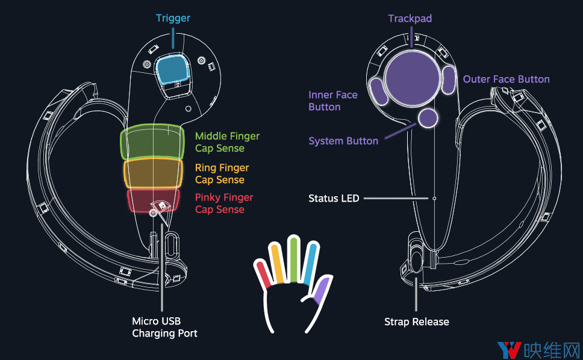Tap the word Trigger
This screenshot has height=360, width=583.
(x=173, y=18)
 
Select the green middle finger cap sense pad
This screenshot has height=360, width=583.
(x=152, y=143)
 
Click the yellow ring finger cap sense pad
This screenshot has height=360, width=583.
(x=153, y=173)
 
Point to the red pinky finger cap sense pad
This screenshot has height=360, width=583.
(x=153, y=200)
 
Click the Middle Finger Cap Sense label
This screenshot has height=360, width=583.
(x=227, y=142)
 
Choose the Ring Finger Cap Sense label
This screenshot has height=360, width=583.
(x=222, y=174)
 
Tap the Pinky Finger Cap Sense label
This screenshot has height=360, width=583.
(x=224, y=203)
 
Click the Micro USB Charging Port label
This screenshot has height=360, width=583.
(x=164, y=327)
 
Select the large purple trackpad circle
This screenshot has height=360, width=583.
(x=412, y=79)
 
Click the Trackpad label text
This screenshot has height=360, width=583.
(x=410, y=18)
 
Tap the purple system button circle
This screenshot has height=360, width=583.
(x=428, y=118)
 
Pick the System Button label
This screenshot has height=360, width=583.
(x=343, y=141)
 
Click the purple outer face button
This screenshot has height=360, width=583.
(x=449, y=80)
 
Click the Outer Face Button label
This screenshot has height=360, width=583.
(x=506, y=79)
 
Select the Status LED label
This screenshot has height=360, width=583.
(x=334, y=199)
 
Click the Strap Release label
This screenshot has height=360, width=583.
(x=416, y=321)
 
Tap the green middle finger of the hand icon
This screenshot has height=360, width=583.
(x=294, y=259)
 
